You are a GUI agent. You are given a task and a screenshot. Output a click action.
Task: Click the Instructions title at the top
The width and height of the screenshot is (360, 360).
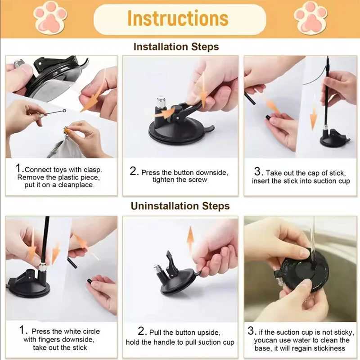178,18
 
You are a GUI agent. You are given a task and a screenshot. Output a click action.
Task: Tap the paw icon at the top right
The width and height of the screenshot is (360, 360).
310,17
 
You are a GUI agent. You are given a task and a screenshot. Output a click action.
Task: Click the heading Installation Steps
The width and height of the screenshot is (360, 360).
176,47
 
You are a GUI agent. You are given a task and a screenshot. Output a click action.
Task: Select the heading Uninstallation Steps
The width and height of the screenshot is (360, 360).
180,206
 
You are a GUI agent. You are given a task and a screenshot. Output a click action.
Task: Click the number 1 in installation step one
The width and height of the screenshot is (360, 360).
19,169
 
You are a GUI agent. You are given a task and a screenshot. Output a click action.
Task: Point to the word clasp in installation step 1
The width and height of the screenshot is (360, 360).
93,170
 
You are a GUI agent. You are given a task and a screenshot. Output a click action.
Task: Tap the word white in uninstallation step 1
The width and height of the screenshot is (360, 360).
73,332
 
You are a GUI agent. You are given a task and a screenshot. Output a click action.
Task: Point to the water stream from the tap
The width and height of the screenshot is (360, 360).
312,238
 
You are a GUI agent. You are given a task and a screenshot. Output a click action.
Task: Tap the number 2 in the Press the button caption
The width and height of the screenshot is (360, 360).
134,171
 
